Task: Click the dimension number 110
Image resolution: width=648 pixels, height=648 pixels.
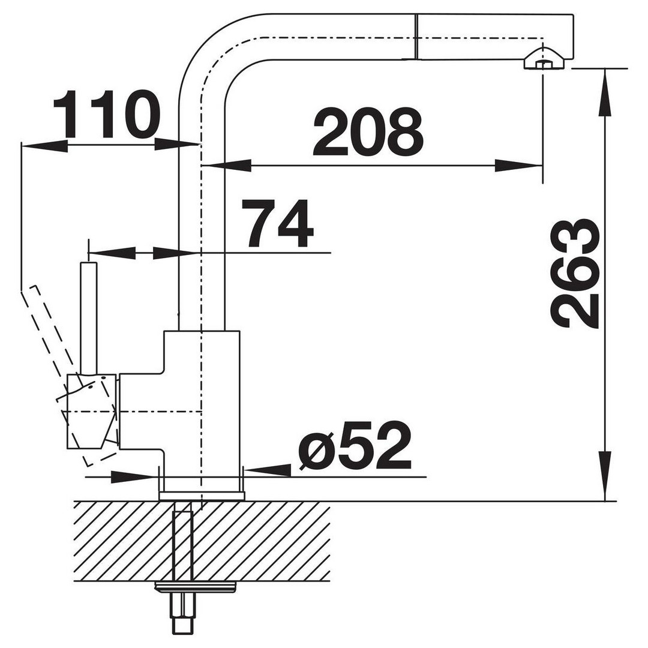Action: click(x=106, y=114)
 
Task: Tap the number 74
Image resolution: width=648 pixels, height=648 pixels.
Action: click(x=278, y=224)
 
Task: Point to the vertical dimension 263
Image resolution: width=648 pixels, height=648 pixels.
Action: click(x=575, y=274)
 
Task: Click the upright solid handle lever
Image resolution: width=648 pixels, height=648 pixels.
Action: click(x=89, y=317)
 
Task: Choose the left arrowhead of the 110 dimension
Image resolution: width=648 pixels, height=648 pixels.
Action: click(x=44, y=145)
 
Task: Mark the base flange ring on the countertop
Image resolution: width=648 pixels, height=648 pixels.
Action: click(x=201, y=496)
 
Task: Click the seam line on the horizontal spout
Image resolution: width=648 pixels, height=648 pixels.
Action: click(x=415, y=37)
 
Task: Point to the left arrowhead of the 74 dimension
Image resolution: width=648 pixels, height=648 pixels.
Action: click(x=112, y=253)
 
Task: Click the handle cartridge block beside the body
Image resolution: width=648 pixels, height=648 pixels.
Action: click(x=92, y=411)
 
